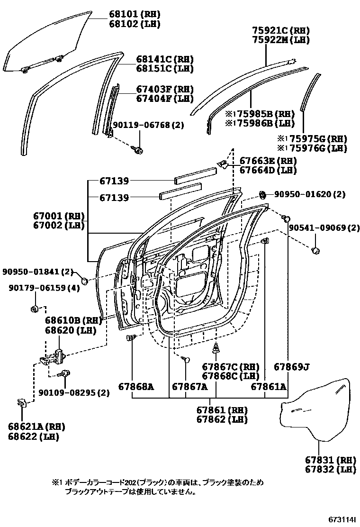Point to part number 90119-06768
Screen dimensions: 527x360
(142, 125)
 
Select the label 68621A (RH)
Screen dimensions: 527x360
(36, 426)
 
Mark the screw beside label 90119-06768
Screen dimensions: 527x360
(139, 149)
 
